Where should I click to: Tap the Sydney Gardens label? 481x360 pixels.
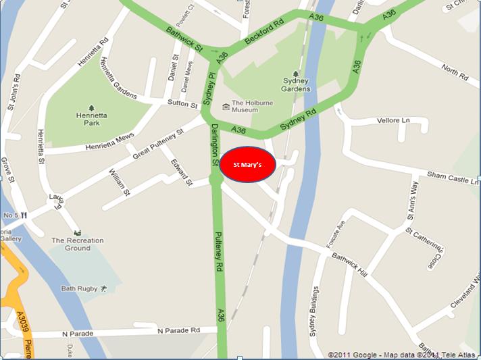[x=296, y=85]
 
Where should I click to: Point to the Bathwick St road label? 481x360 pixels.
[x=184, y=40]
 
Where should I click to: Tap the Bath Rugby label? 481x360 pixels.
[x=80, y=289]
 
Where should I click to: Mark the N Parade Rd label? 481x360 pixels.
[x=179, y=330]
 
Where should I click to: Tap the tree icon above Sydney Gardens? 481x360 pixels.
[x=296, y=75]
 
